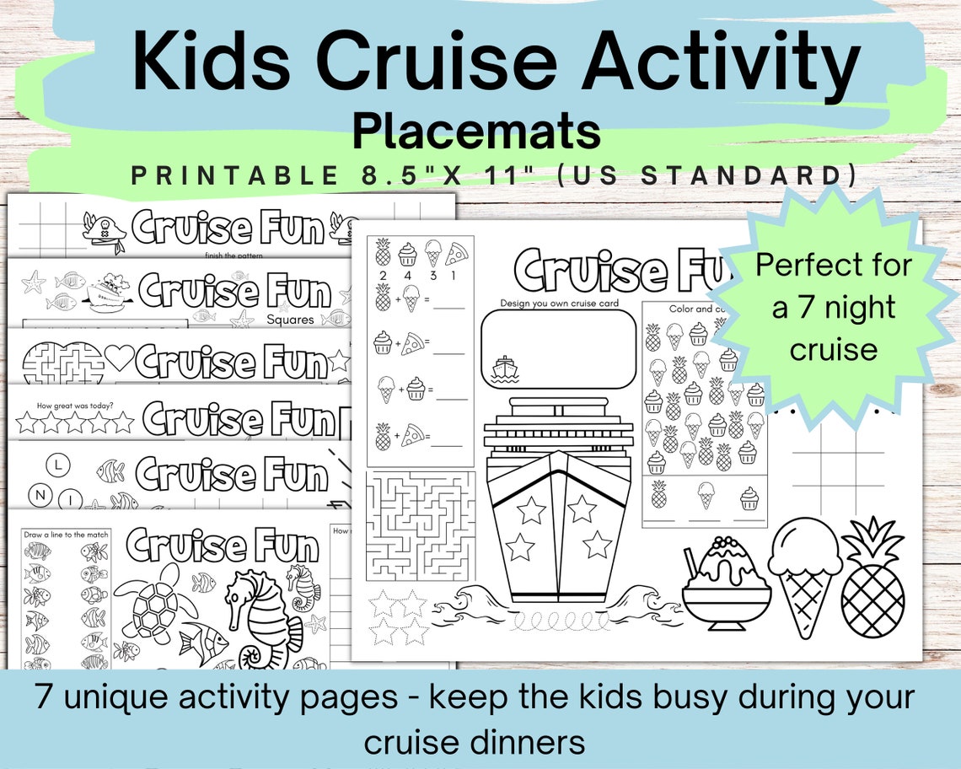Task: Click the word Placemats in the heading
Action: coord(476,132)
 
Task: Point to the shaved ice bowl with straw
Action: coord(726,583)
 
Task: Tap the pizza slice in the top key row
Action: coord(457,252)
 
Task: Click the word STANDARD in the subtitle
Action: coord(772,176)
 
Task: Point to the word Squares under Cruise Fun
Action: coord(290,320)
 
